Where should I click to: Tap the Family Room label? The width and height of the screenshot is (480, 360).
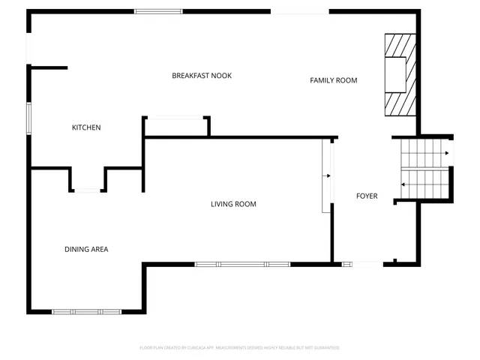[x=334, y=80]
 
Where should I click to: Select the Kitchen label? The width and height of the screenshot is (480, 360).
[x=86, y=127]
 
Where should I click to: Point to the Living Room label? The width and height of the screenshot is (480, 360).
[x=233, y=204]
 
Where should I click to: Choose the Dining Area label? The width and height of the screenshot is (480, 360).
[x=86, y=249]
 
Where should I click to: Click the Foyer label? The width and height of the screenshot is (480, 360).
[x=367, y=196]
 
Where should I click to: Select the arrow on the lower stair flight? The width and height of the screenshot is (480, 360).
[x=404, y=184]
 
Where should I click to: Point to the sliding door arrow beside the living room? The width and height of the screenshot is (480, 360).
[x=328, y=176]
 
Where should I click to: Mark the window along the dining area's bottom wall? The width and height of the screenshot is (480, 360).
[x=86, y=311]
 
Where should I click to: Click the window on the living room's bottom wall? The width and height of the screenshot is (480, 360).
[x=242, y=264]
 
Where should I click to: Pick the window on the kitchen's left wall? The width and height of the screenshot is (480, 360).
[x=30, y=118]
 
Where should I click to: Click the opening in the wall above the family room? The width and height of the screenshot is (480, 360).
[x=299, y=11]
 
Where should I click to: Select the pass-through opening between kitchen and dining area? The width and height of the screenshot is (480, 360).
[x=88, y=190]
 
